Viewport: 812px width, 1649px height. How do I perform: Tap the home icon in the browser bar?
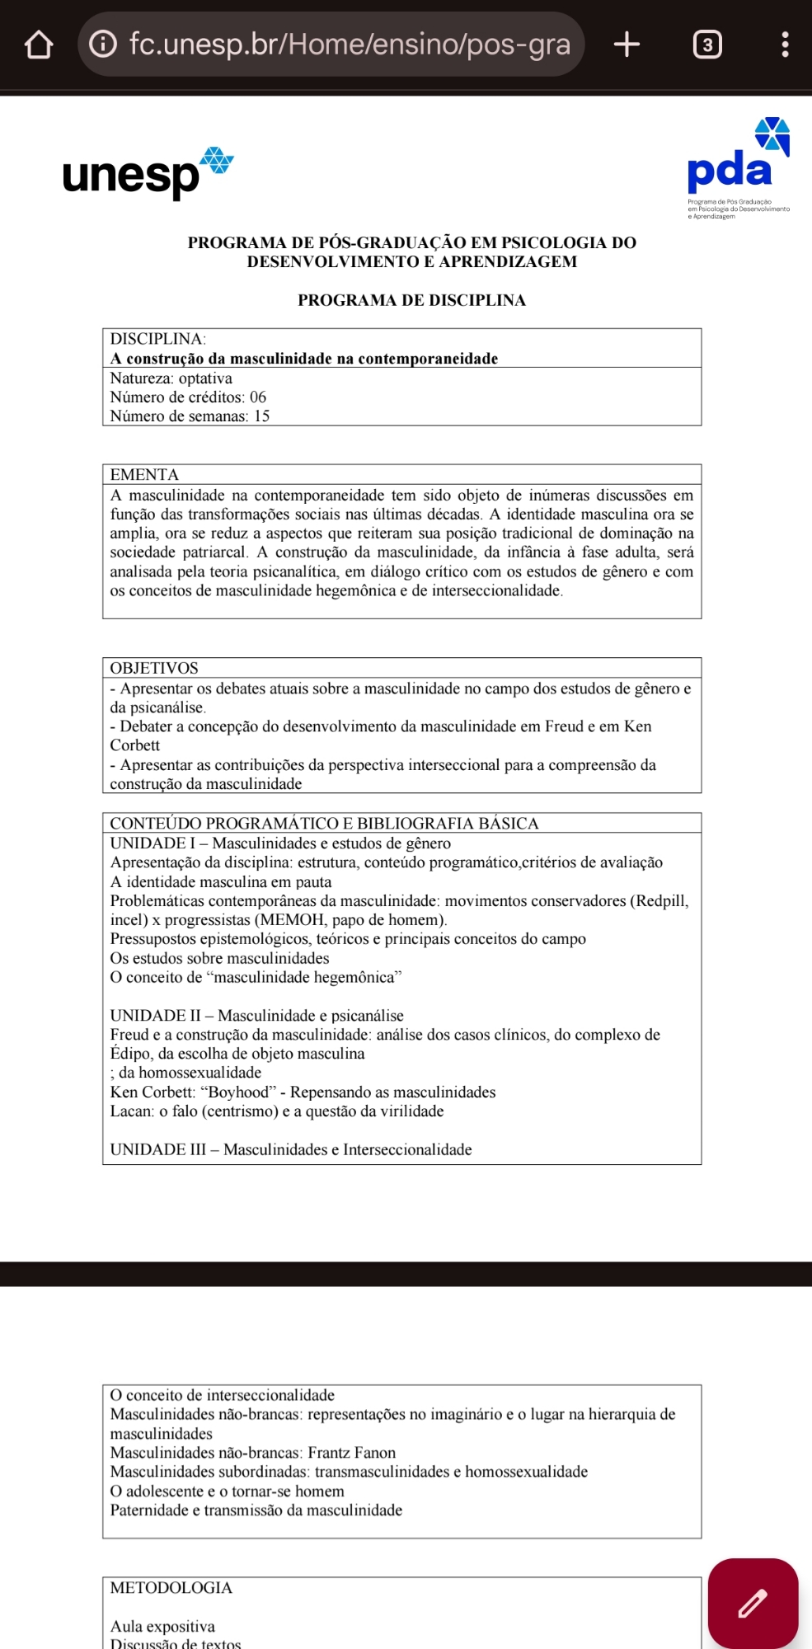[x=39, y=45]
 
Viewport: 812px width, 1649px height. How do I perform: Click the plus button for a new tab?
[x=627, y=45]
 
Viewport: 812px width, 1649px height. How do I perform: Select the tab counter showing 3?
[x=706, y=45]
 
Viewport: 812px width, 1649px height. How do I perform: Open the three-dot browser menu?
[x=785, y=45]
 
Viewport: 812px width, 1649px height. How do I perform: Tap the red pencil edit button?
[x=752, y=1603]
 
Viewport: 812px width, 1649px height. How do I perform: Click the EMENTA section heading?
[x=144, y=475]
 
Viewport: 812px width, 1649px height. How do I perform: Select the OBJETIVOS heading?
[x=154, y=668]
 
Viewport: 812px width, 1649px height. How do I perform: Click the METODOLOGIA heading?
[x=171, y=1587]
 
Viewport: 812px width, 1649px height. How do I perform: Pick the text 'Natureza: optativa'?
[x=171, y=378]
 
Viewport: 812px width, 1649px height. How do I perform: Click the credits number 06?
[x=258, y=397]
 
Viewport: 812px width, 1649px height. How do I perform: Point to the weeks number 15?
[x=261, y=416]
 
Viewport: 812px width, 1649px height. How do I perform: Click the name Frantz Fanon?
[x=352, y=1453]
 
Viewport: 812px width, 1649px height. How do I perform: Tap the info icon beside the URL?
[x=103, y=44]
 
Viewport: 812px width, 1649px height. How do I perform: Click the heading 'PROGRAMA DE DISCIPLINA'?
[x=411, y=300]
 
